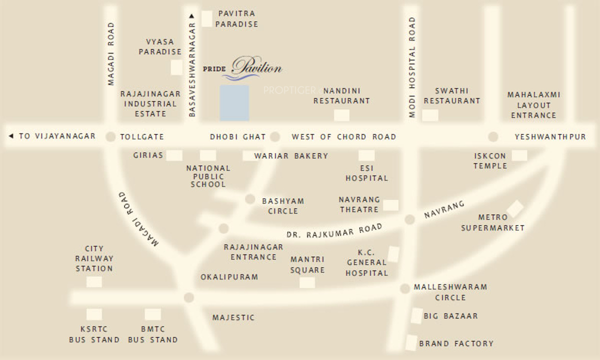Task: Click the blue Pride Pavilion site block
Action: (x=234, y=102)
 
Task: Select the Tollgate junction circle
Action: (x=110, y=136)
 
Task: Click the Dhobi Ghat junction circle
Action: (x=275, y=136)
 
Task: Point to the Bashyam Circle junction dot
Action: (x=250, y=199)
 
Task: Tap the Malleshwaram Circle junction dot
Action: (x=405, y=288)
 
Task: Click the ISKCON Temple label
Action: (x=490, y=161)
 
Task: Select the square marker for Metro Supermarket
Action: (x=515, y=208)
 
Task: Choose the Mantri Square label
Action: (x=307, y=264)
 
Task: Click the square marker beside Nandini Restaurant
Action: (x=342, y=115)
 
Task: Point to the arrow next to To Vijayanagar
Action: (x=11, y=136)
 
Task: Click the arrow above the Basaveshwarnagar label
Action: (x=191, y=16)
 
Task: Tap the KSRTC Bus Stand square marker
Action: (x=94, y=314)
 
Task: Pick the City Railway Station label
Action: (x=94, y=258)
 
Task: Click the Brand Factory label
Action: (x=456, y=343)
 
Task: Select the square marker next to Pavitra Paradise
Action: (x=207, y=19)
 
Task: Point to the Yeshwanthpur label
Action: (x=550, y=136)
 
